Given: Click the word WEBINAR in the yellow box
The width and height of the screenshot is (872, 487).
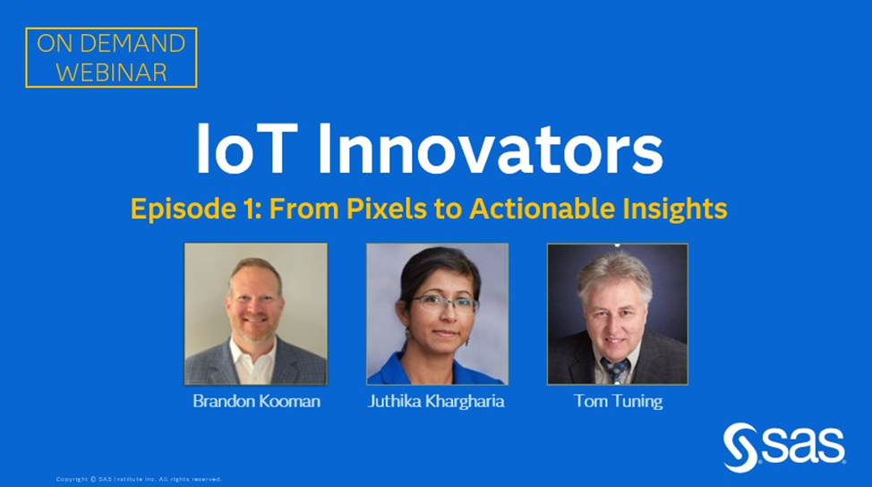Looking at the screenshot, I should point(111,72).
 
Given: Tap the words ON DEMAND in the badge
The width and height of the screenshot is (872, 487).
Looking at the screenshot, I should point(111,44).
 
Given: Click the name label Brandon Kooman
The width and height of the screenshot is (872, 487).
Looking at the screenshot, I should point(256,401).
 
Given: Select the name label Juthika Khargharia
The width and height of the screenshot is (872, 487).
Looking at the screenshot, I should point(436,401).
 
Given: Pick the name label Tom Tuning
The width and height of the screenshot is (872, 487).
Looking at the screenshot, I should point(618,401).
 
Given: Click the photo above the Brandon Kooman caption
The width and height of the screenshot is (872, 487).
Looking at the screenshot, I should point(256,313).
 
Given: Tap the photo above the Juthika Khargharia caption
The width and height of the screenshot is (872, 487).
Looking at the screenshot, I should point(437,313).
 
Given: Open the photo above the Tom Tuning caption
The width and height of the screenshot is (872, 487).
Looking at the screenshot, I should point(617,313).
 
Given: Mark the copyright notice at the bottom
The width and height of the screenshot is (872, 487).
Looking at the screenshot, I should point(139,479).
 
